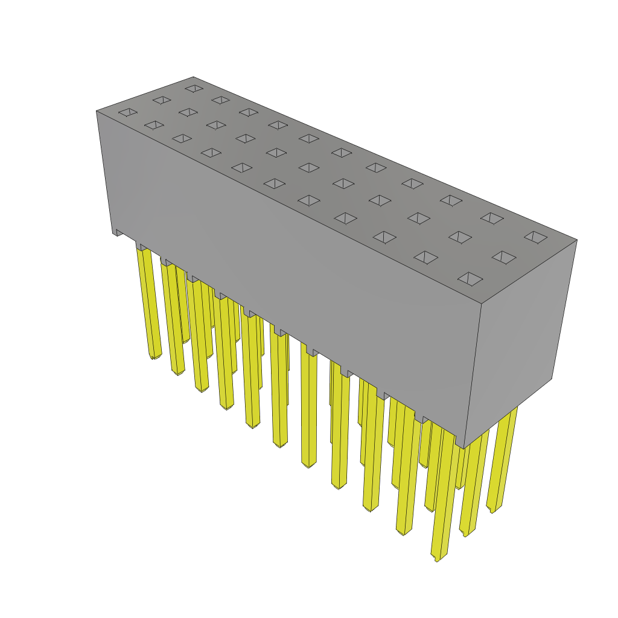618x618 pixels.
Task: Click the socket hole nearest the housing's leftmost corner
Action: click(128, 112)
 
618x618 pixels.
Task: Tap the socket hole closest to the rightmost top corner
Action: click(536, 237)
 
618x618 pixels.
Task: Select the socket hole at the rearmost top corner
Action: click(194, 88)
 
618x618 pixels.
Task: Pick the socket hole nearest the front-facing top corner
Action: click(470, 279)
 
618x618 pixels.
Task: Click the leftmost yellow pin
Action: click(148, 302)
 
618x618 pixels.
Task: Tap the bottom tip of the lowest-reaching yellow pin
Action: click(437, 558)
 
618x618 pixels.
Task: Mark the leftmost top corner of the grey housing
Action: click(97, 111)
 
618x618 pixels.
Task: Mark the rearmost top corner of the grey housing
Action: click(193, 77)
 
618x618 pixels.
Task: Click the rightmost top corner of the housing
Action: click(576, 240)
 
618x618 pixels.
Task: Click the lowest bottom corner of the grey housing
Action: click(463, 448)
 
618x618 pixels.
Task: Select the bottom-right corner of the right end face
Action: click(552, 378)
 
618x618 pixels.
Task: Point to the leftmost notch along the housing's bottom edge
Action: click(119, 232)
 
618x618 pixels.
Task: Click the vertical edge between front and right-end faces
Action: click(473, 374)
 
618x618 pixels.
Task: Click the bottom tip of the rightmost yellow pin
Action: click(492, 511)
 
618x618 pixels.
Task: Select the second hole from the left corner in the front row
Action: click(154, 125)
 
